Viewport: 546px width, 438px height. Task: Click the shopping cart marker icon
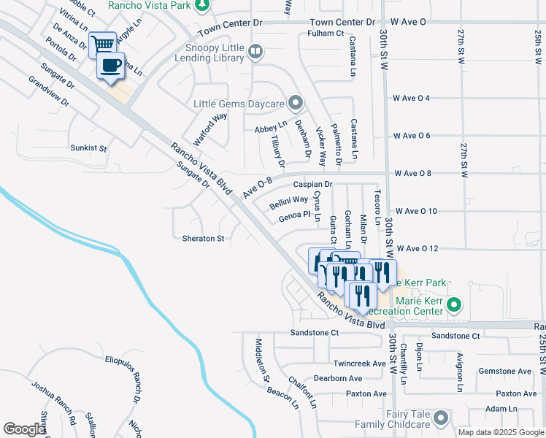[x=103, y=43]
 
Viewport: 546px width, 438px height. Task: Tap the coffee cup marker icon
[x=111, y=66]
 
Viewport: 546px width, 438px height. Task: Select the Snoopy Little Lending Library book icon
[x=255, y=51]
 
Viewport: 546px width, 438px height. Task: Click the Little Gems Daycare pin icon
[x=295, y=102]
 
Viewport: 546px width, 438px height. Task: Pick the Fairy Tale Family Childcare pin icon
[x=440, y=418]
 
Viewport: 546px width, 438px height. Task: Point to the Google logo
[x=24, y=429]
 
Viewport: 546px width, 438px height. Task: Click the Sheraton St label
[x=202, y=239]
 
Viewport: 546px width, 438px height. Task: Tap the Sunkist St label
[x=88, y=148]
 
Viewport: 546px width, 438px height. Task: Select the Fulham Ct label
[x=326, y=34]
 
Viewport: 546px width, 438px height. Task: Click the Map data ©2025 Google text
[x=500, y=431]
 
